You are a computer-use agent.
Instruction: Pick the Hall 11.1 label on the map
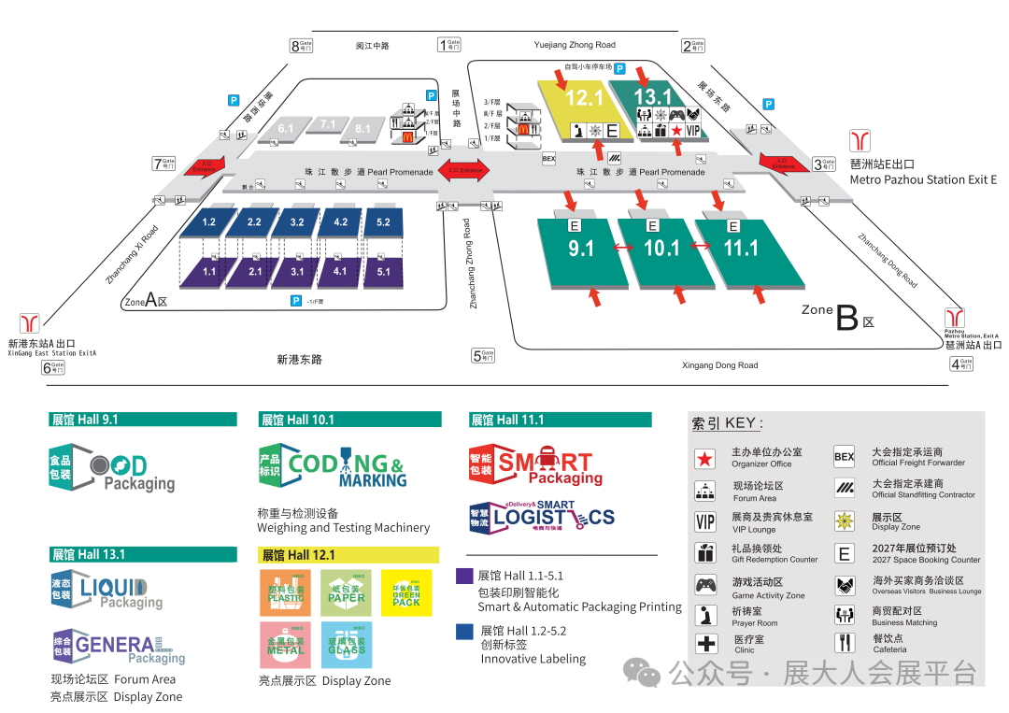click(741, 248)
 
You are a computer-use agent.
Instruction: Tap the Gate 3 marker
click(823, 164)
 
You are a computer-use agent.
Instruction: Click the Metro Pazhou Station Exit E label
click(923, 179)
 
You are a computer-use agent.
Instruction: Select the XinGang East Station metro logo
click(30, 323)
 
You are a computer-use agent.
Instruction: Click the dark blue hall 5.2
click(383, 222)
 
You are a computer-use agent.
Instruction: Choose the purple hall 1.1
click(208, 271)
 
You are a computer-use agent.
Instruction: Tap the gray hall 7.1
click(327, 124)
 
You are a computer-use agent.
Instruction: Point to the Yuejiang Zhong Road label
click(575, 45)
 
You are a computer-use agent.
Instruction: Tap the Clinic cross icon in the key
click(705, 644)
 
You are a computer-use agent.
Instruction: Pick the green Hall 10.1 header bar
click(350, 420)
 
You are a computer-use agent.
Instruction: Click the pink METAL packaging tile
click(285, 645)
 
